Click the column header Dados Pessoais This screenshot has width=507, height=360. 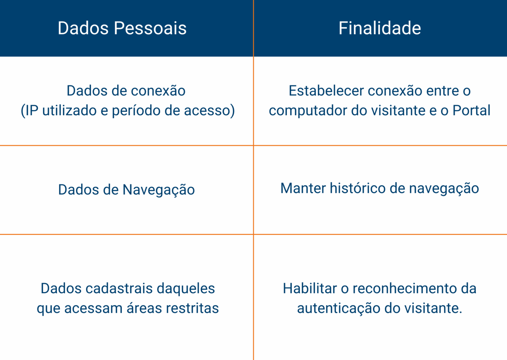click(x=122, y=28)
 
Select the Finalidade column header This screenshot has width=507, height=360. click(x=380, y=28)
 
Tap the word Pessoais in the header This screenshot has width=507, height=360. click(x=150, y=28)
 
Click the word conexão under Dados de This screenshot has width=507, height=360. click(x=158, y=90)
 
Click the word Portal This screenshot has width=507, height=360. click(x=471, y=111)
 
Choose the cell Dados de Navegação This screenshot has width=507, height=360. click(x=126, y=190)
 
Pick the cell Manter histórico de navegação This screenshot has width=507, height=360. click(x=380, y=188)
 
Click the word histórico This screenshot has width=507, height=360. click(x=357, y=188)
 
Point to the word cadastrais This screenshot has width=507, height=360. click(x=119, y=288)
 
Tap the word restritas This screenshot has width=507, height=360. click(x=192, y=308)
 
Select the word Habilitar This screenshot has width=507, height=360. click(x=310, y=288)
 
